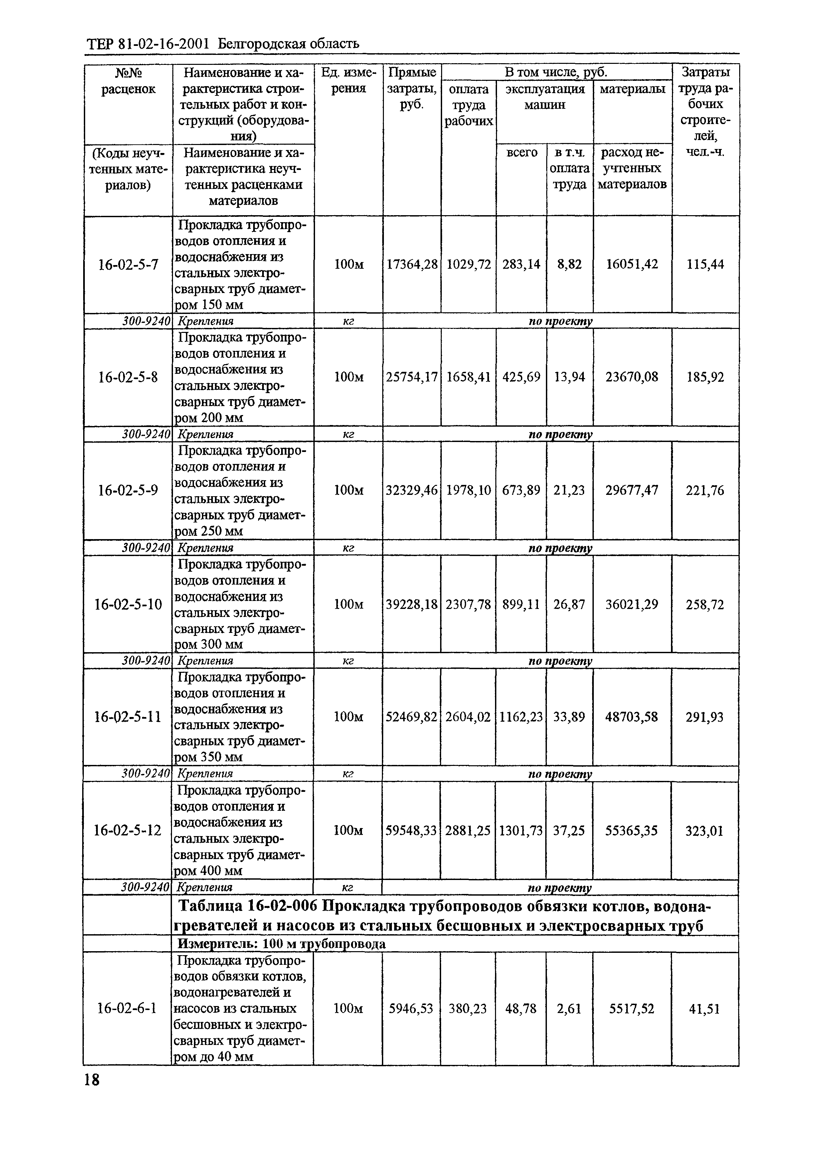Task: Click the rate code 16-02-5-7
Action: (128, 264)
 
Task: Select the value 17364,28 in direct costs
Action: (412, 264)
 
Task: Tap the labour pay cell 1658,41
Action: (468, 377)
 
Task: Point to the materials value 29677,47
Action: (632, 490)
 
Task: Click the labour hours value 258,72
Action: (705, 605)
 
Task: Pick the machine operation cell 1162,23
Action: (521, 717)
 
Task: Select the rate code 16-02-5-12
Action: (128, 831)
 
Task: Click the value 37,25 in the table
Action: (569, 831)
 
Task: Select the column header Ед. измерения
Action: (349, 80)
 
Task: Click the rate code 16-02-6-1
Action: (127, 1009)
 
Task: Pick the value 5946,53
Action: (411, 1009)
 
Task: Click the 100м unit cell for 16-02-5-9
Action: (349, 490)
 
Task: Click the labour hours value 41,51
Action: (705, 1009)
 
